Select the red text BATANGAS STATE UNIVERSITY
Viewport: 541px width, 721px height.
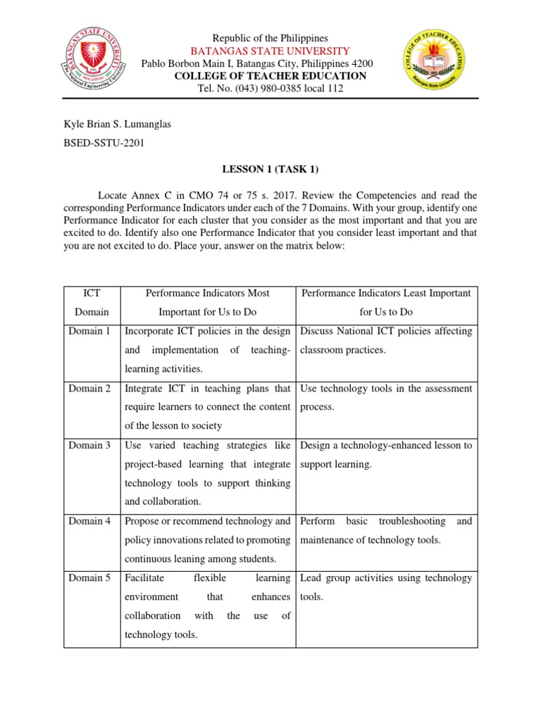pyautogui.click(x=271, y=51)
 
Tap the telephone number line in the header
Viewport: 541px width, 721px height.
pyautogui.click(x=271, y=89)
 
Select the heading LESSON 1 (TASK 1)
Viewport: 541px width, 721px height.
pyautogui.click(x=271, y=169)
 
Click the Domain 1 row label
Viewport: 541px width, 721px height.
pyautogui.click(x=89, y=332)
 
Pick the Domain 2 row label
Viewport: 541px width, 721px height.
pyautogui.click(x=89, y=389)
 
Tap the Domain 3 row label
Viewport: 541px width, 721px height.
pyautogui.click(x=89, y=446)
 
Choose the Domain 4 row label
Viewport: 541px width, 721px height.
pyautogui.click(x=89, y=522)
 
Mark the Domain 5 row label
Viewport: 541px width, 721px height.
pyautogui.click(x=89, y=579)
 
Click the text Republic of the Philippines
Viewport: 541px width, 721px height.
pyautogui.click(x=271, y=37)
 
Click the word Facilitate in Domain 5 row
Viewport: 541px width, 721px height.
pyautogui.click(x=144, y=579)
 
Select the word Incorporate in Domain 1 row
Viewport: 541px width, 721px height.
pyautogui.click(x=150, y=332)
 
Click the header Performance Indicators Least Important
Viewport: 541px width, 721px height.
pyautogui.click(x=386, y=293)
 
